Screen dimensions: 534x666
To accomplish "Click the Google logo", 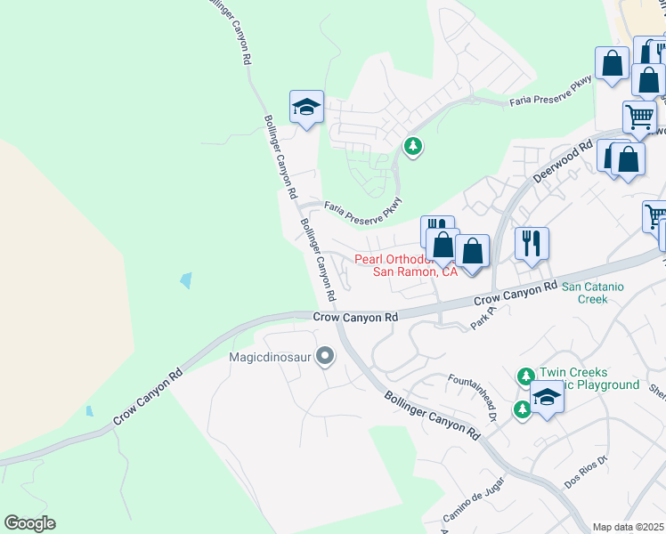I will click(x=29, y=523).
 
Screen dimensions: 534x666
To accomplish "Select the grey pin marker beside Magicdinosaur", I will click(x=325, y=357).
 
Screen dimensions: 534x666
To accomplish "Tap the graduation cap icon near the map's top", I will click(x=306, y=108).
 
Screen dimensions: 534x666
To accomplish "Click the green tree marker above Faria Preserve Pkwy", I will click(x=412, y=145).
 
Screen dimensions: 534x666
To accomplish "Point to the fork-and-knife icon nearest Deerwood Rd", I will click(x=532, y=243).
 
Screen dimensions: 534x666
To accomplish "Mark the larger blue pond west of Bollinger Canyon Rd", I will click(x=185, y=280).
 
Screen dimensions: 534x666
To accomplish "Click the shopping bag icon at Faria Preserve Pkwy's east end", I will click(x=612, y=64).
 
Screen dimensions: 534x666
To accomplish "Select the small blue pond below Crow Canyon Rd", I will click(x=89, y=411).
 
